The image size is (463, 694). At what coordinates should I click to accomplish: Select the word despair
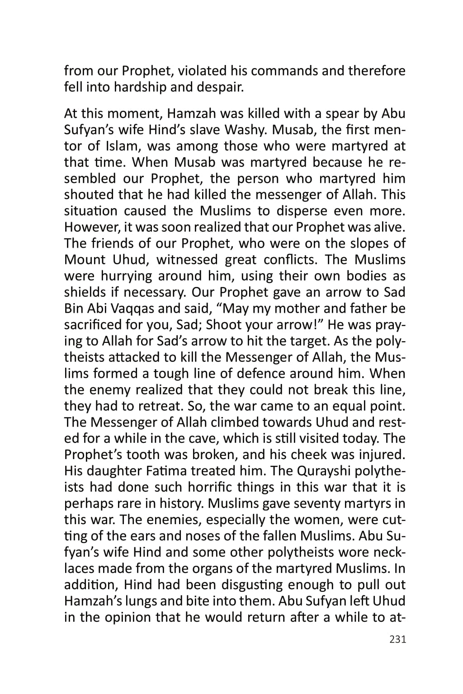221,87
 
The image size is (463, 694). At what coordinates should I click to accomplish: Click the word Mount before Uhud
85,260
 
